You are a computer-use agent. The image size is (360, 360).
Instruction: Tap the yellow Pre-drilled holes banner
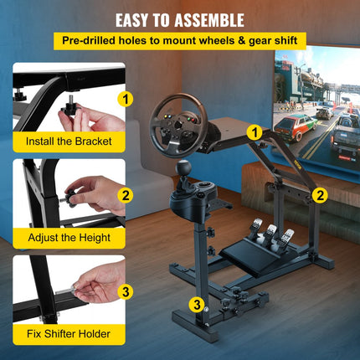[x=179, y=40]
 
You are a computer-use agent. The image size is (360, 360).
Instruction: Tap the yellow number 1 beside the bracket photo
[x=126, y=99]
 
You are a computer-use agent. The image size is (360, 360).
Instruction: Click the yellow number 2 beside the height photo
[x=126, y=196]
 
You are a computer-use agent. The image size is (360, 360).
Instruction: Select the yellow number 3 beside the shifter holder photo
[x=126, y=291]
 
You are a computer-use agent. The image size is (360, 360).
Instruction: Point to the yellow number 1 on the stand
[x=255, y=131]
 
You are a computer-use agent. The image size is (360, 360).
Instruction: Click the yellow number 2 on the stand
[x=319, y=195]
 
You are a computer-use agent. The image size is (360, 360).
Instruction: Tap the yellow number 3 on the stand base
[x=195, y=303]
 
